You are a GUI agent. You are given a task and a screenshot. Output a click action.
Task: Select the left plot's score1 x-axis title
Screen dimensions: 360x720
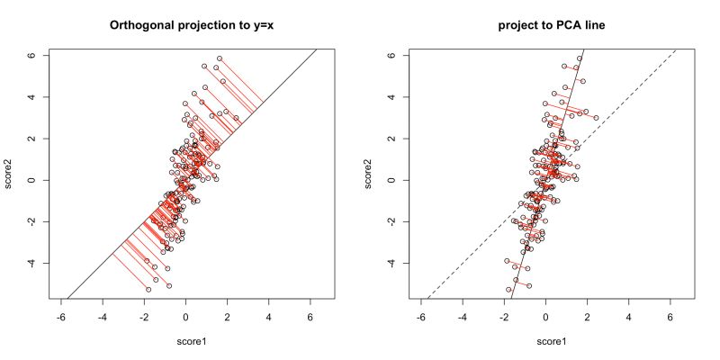coord(185,341)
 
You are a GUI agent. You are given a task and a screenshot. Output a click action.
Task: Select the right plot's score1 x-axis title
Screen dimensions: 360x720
coord(545,341)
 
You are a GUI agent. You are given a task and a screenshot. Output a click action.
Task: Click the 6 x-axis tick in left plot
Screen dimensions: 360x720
coord(310,317)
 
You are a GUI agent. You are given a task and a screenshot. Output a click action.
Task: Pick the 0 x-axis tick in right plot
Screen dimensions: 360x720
coord(545,317)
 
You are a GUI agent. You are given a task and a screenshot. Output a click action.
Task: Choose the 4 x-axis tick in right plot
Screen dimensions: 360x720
coord(628,317)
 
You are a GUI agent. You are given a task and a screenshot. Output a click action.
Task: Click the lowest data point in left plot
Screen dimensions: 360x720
coord(148,289)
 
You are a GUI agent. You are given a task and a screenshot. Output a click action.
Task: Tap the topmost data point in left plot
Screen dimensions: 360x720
coord(220,58)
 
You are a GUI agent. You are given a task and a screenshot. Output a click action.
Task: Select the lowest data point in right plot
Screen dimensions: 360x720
coord(508,289)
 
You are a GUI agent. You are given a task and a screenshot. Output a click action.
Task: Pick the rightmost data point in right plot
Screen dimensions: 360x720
coord(596,118)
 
